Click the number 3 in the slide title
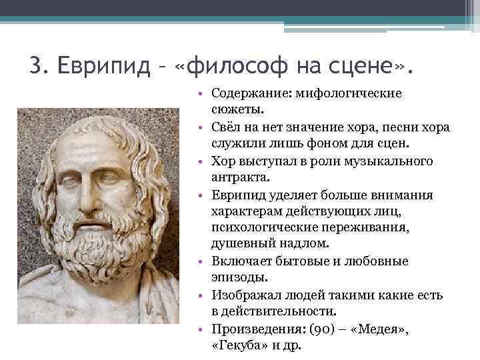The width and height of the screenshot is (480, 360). (37, 66)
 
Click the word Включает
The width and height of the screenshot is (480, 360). (242, 261)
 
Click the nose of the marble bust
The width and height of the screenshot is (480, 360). (88, 193)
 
